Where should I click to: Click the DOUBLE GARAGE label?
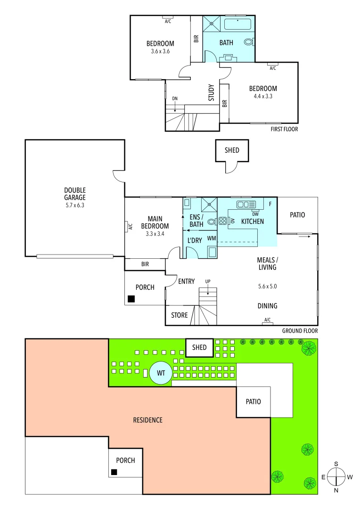pos(75,194)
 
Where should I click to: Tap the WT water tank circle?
pos(161,373)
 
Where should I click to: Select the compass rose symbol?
pos(336,477)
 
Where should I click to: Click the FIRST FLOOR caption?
pos(284,129)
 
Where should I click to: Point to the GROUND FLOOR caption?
pos(300,331)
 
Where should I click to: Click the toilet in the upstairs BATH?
pos(249,42)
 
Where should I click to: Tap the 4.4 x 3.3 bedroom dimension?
pos(263,96)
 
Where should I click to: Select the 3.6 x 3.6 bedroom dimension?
pos(160,51)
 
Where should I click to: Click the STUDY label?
pos(212,92)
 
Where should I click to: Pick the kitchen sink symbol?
pos(246,205)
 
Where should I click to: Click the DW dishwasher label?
pos(255,213)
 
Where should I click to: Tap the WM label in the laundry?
pos(212,238)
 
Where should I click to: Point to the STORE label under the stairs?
pos(179,315)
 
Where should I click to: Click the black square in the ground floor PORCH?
pos(131,299)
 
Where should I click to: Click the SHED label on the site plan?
pos(199,347)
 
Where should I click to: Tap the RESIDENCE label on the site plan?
pos(147,420)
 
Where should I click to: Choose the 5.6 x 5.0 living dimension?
pos(267,286)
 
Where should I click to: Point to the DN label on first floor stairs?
pos(175,98)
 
